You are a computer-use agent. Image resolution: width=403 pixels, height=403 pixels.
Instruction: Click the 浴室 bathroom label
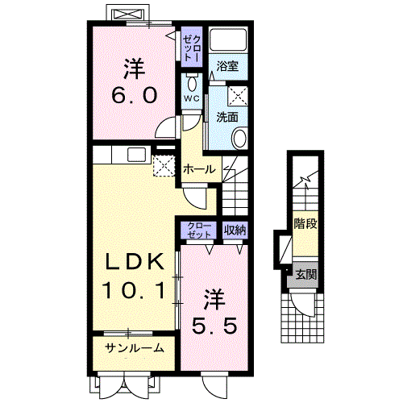(x=227, y=66)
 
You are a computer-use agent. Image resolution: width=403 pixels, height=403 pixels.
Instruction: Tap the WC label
(x=192, y=98)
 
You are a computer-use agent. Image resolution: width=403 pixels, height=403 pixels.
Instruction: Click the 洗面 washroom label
(x=227, y=117)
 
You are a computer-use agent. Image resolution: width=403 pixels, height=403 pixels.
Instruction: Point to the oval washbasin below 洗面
(x=239, y=138)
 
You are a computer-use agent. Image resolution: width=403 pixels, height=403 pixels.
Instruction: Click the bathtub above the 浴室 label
(x=228, y=39)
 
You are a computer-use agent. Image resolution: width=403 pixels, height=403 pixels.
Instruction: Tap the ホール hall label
(x=199, y=169)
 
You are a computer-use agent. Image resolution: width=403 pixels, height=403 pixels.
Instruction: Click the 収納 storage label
(x=235, y=230)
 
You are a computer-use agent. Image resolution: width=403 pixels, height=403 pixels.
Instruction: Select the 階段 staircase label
(x=305, y=223)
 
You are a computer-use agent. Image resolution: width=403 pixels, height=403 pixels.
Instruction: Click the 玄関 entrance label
(x=305, y=275)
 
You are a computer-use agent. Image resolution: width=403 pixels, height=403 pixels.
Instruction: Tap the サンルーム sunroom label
(x=134, y=348)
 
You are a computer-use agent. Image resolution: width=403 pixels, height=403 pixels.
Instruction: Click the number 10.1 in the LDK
(x=134, y=290)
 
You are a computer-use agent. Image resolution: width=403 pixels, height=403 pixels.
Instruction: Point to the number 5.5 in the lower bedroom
(x=214, y=326)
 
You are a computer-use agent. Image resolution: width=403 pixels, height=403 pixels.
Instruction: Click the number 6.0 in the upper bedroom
(x=134, y=95)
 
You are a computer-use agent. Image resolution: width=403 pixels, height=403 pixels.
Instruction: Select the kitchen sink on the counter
(x=136, y=155)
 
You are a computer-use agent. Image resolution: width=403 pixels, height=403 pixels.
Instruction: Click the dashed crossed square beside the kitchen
(x=164, y=165)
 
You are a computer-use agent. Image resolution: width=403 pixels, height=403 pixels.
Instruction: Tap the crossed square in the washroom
(x=238, y=96)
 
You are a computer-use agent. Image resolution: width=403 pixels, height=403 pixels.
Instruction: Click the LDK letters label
(x=134, y=262)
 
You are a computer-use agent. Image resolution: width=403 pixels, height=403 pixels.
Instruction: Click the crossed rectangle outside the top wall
(x=127, y=14)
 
